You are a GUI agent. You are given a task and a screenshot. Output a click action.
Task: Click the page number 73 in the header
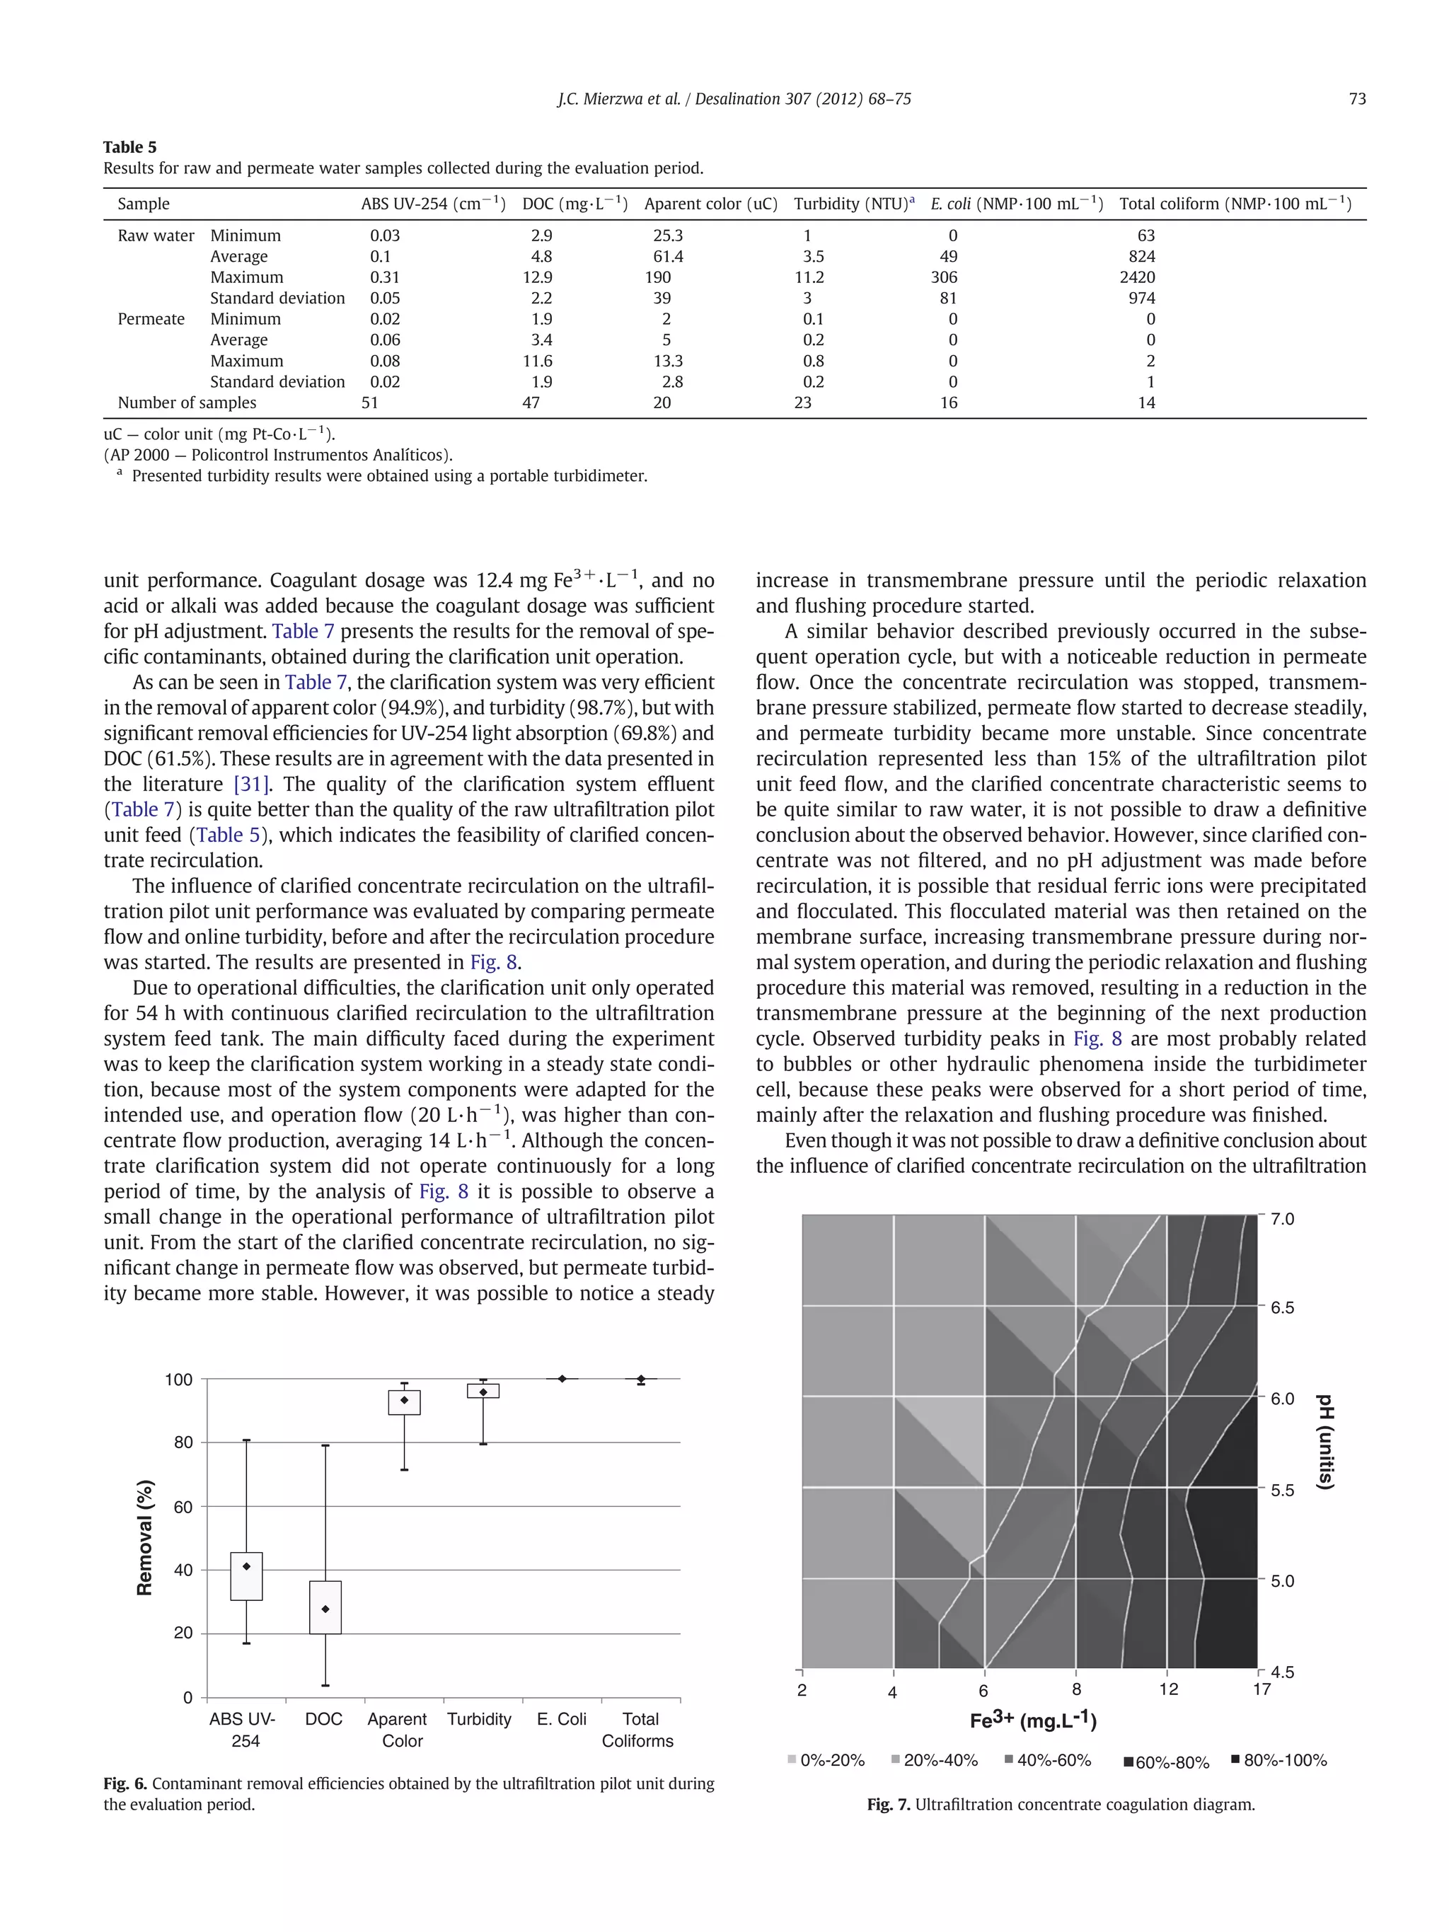[1356, 99]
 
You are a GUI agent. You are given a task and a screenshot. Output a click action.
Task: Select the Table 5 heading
[129, 146]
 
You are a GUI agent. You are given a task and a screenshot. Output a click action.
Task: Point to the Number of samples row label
[187, 403]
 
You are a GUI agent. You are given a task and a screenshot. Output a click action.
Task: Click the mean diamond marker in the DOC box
[325, 1609]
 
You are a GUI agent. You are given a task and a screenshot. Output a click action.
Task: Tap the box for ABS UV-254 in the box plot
[246, 1575]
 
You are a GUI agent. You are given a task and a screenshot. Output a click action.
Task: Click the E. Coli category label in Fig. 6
[562, 1719]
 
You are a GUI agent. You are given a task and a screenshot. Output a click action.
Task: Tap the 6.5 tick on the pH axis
[1281, 1307]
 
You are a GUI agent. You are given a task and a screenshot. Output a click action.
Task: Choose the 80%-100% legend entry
[1278, 1761]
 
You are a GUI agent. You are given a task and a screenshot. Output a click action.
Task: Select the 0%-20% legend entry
[826, 1761]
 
